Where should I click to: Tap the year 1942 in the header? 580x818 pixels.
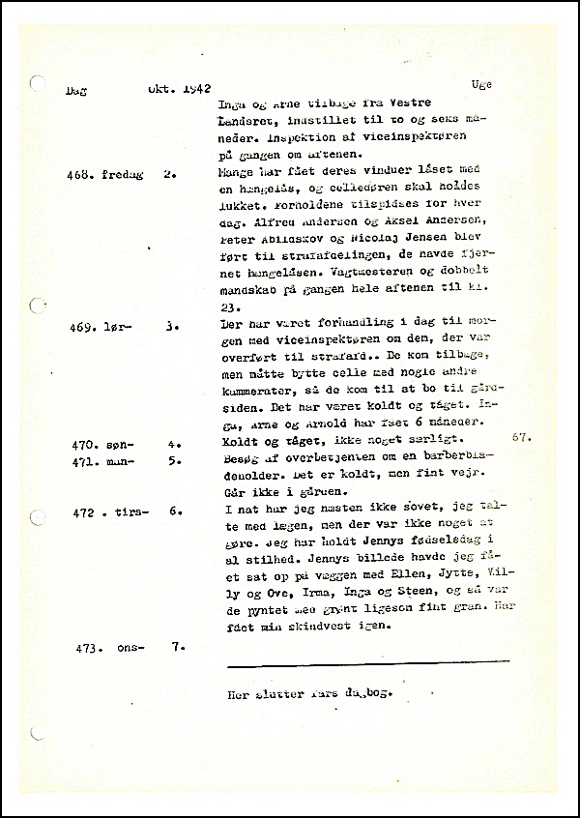(x=197, y=87)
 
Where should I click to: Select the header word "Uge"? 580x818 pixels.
(x=481, y=85)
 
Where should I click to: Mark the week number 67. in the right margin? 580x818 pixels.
(x=523, y=437)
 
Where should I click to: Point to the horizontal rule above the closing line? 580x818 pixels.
(x=367, y=663)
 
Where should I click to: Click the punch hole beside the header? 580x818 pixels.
(x=38, y=84)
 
